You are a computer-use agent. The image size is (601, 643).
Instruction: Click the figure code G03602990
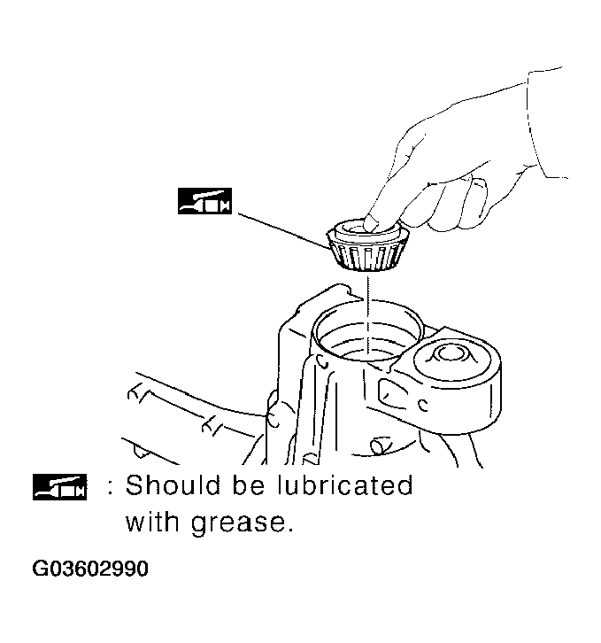click(91, 569)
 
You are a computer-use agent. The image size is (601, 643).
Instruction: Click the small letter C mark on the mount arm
click(422, 406)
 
